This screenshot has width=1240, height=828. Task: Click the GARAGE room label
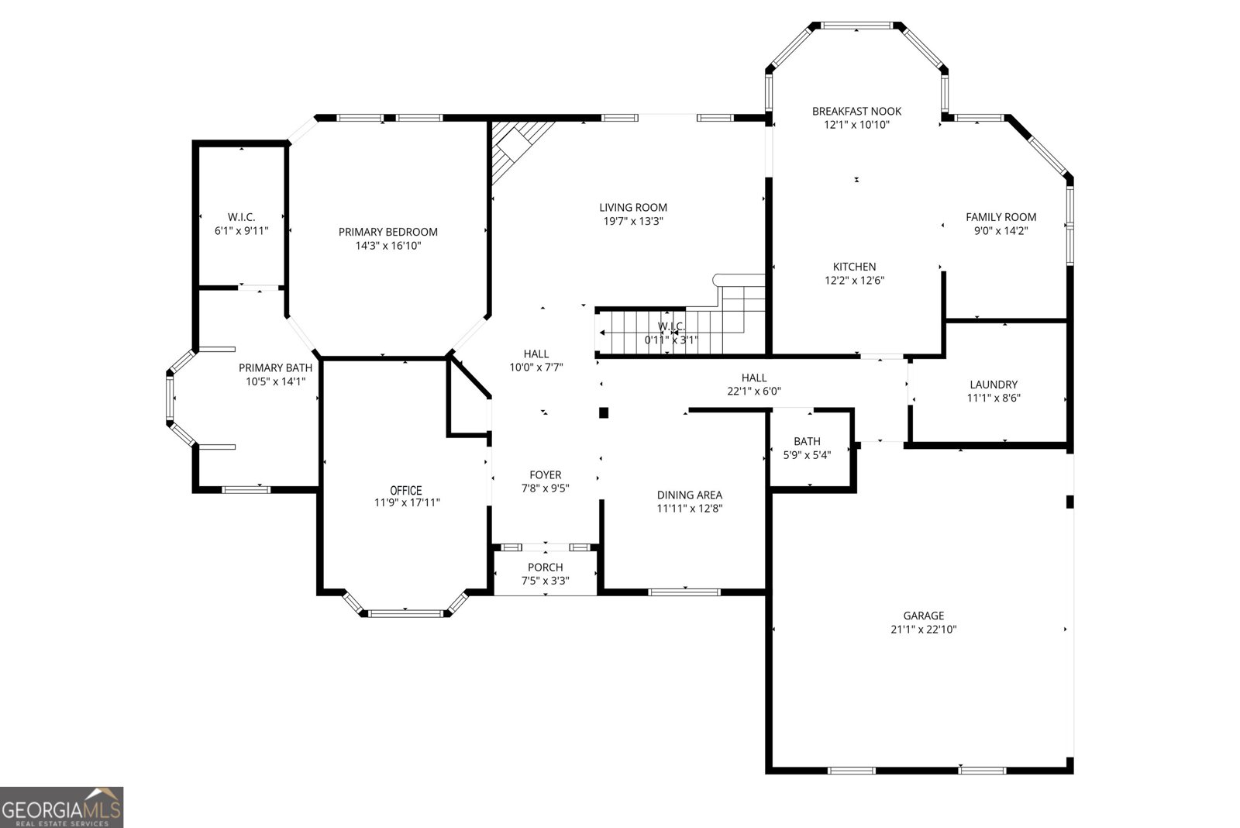pos(923,616)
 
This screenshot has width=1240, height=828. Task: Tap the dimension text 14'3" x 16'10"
pos(387,246)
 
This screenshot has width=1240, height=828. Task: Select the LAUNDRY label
pos(993,385)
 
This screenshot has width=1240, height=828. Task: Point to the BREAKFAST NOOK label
pos(856,111)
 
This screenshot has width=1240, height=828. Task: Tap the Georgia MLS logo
pos(61,807)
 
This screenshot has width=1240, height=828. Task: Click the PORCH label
pos(545,568)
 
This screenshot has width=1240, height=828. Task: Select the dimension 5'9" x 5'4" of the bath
pos(807,455)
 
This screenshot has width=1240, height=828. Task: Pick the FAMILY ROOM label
pos(1001,217)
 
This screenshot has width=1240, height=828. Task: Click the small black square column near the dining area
pos(604,413)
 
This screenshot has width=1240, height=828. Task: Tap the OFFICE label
pos(405,490)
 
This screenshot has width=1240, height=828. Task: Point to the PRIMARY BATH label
pos(275,368)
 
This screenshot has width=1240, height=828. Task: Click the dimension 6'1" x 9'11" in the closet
pos(241,230)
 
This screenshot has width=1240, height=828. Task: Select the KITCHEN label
pos(854,267)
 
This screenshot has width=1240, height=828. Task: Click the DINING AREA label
pos(689,495)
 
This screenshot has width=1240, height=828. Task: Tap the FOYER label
pos(545,474)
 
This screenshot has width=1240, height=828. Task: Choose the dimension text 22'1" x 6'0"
pos(753,392)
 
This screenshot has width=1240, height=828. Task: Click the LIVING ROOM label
pos(632,207)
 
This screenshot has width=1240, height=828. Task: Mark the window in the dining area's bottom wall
pos(684,592)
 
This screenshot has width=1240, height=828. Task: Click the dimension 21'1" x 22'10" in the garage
pos(923,630)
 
